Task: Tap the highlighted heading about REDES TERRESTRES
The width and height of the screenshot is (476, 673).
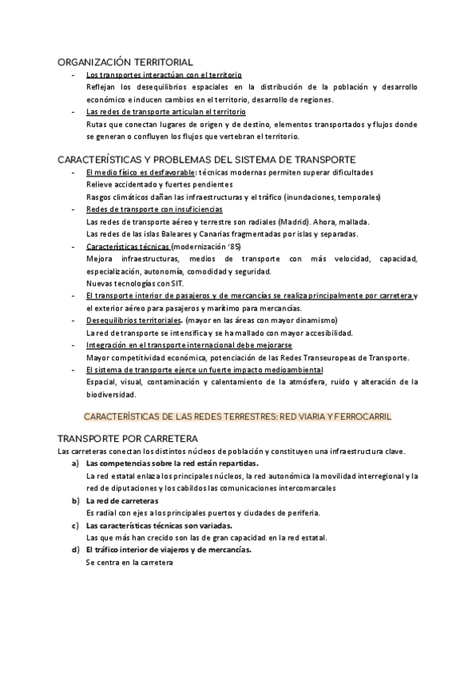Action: (237, 416)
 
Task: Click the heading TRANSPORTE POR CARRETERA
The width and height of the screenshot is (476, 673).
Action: (127, 438)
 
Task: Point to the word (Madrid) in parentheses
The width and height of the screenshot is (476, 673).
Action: (296, 221)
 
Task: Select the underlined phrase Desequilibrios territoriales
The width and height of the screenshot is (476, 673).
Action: (133, 321)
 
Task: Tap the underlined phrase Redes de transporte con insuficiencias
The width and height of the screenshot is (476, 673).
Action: (143, 209)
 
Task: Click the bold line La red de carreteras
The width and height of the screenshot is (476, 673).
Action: (122, 501)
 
